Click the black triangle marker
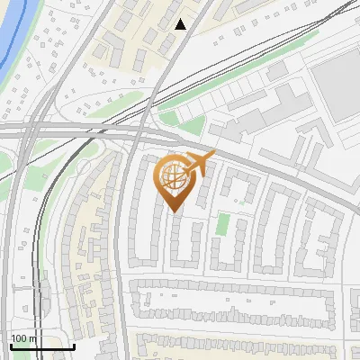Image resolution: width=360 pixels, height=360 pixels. click(181, 24)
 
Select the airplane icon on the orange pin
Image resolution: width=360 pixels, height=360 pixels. click(199, 166)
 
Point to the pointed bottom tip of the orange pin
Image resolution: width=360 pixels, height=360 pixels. click(174, 211)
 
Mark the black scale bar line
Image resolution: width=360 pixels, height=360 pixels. click(42, 346)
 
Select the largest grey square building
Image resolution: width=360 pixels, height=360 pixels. click(337, 85)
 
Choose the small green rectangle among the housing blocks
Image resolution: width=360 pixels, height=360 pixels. click(222, 223)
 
